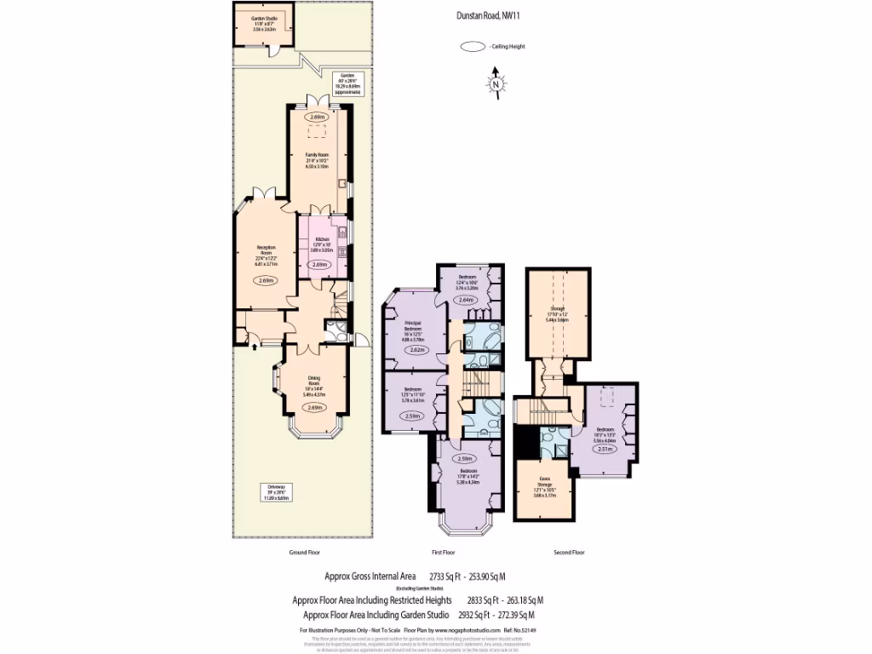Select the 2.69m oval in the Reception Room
[x=266, y=281]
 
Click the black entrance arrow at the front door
[x=255, y=346]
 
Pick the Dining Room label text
[x=314, y=387]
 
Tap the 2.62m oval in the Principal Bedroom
[x=416, y=350]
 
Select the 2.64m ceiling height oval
[x=466, y=300]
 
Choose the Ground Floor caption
[x=303, y=553]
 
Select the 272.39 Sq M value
[x=514, y=614]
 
